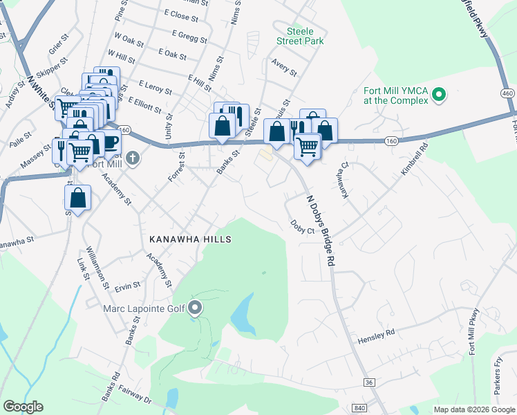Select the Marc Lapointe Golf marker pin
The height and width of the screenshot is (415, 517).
pyautogui.click(x=196, y=308)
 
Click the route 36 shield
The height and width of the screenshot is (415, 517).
pyautogui.click(x=369, y=382)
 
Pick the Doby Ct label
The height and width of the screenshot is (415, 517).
pyautogui.click(x=303, y=226)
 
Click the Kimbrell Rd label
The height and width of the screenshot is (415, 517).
pyautogui.click(x=414, y=156)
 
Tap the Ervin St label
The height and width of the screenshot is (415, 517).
pyautogui.click(x=128, y=286)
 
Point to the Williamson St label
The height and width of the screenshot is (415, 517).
pyautogui.click(x=95, y=268)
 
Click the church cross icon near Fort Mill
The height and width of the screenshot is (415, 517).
pyautogui.click(x=133, y=158)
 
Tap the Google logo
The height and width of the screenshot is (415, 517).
pyautogui.click(x=23, y=407)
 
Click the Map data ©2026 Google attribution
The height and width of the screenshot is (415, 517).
pyautogui.click(x=473, y=409)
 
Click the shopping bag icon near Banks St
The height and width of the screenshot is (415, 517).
pyautogui.click(x=222, y=126)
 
